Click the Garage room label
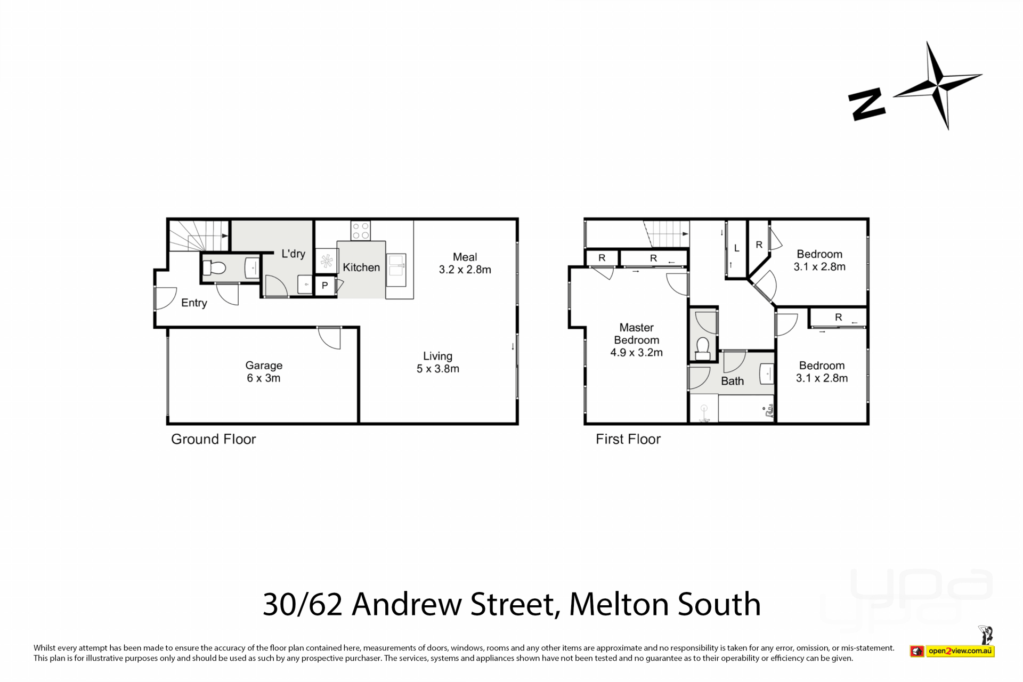point(264,372)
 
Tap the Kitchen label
point(361,267)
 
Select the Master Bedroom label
point(637,340)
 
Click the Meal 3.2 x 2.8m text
point(465,263)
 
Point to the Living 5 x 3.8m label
point(438,362)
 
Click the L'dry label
point(293,254)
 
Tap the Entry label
point(194,303)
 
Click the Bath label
point(732,381)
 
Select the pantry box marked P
point(324,286)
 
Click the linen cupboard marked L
point(736,248)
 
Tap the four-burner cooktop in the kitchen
point(361,231)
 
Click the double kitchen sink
point(396,266)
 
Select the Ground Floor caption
point(214,439)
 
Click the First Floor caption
point(628,439)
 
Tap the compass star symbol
point(937,85)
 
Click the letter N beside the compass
point(867,105)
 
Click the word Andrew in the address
point(408,604)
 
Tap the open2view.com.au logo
point(952,651)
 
